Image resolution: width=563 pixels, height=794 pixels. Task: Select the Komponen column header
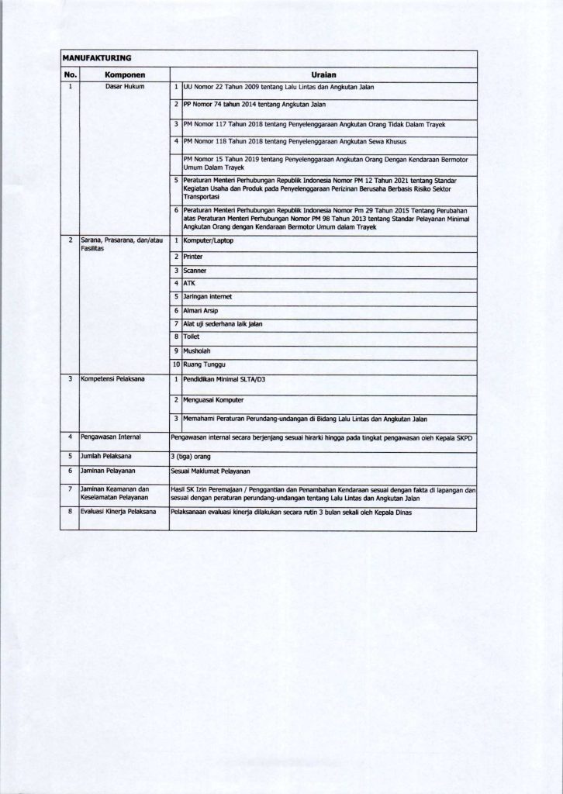tap(124, 74)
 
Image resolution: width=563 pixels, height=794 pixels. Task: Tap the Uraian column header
tap(323, 74)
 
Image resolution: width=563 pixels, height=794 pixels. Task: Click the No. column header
tap(70, 74)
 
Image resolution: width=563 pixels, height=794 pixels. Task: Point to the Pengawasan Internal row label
tap(113, 438)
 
